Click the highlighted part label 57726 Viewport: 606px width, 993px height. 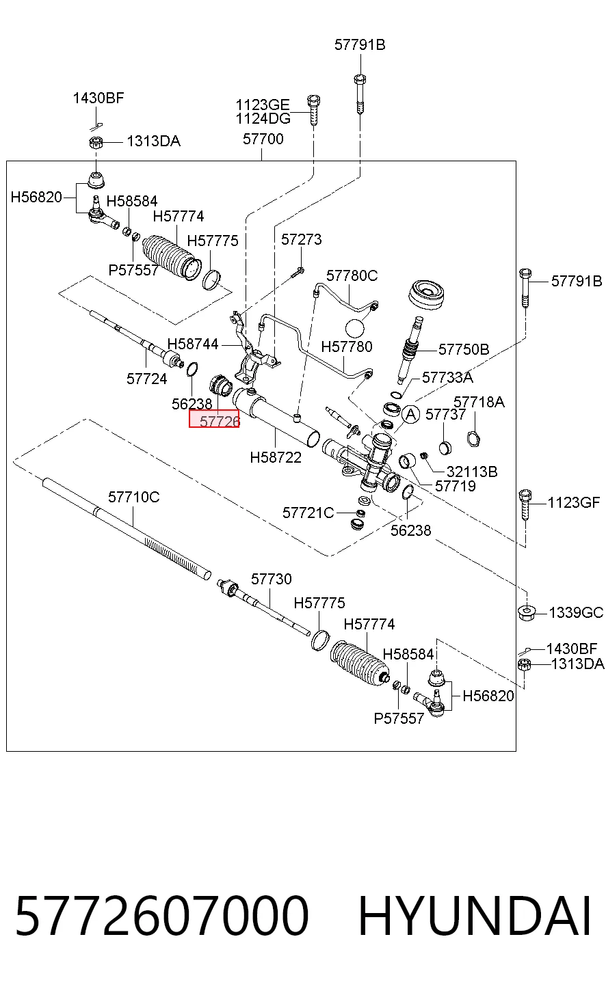pos(214,419)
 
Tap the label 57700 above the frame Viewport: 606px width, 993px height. pos(263,139)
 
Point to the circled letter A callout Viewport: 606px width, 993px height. pos(411,414)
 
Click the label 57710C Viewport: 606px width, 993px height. pos(134,497)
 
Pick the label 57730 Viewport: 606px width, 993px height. pos(272,579)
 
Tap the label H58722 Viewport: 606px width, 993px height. pos(276,457)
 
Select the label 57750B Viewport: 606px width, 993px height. pos(464,349)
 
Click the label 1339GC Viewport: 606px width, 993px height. pos(576,612)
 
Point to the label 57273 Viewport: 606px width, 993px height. pos(301,239)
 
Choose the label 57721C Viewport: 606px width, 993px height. pos(308,513)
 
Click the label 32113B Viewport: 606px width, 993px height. pos(472,472)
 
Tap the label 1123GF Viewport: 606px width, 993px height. pos(574,503)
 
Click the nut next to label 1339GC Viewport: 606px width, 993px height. pos(527,612)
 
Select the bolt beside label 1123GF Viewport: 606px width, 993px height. pos(525,504)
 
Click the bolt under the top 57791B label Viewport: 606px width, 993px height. pos(360,94)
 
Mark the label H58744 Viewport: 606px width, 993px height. pos(193,344)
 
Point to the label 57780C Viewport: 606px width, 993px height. pos(352,275)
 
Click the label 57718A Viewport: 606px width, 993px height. pos(479,402)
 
